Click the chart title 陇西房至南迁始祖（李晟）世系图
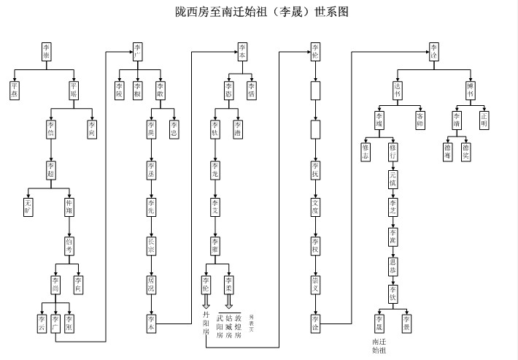[x=258, y=12]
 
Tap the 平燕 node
[x=16, y=90]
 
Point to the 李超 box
[x=50, y=172]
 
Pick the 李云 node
[x=41, y=322]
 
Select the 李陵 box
[x=120, y=90]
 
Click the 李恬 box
[x=251, y=90]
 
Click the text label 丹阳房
[x=206, y=322]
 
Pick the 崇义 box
[x=315, y=283]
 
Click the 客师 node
[x=420, y=120]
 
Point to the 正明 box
[x=484, y=120]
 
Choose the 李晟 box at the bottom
[x=379, y=322]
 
